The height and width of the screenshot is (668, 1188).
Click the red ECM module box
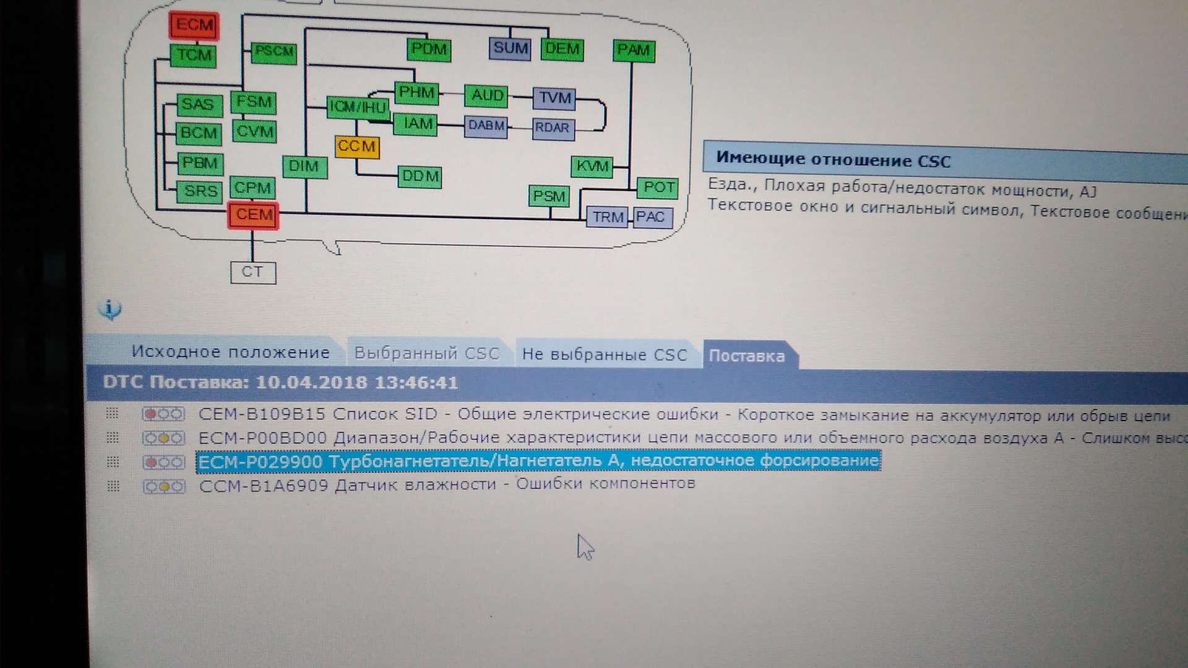point(194,25)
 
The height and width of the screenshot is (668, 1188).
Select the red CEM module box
point(253,215)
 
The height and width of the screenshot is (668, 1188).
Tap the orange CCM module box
point(356,147)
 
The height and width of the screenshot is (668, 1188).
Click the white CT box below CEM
point(252,272)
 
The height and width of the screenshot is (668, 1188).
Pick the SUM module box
point(510,48)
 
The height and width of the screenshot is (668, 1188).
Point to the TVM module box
point(554,98)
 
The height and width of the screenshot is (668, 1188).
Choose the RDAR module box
point(553,128)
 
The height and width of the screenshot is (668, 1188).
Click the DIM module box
point(304,166)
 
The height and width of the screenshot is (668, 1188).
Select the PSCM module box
point(273,52)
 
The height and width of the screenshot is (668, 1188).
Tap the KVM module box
point(592,166)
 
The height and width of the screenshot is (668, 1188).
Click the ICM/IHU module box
point(358,107)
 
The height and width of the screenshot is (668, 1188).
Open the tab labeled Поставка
point(747,356)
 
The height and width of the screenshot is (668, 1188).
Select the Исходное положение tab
point(230,353)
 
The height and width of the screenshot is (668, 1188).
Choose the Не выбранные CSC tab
point(605,354)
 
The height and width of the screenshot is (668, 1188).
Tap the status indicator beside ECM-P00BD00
point(163,439)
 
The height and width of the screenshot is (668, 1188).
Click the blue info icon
point(110,309)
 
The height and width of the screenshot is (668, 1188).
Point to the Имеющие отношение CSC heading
point(833,160)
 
